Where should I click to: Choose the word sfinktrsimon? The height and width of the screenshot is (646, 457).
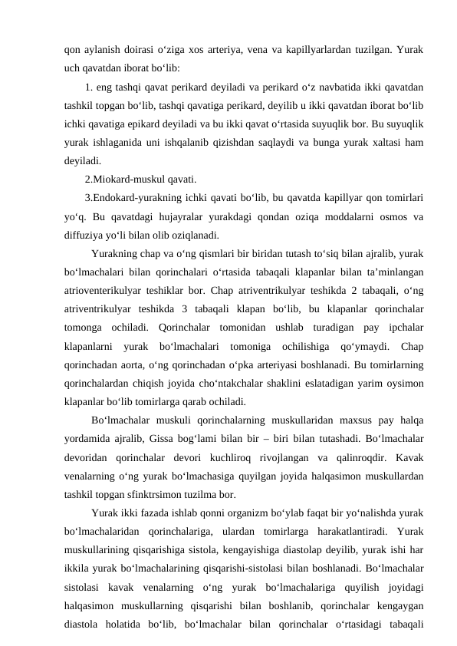point(156,494)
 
